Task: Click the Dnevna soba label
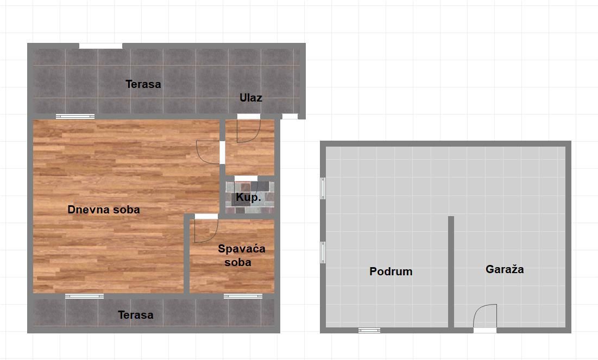click(104, 210)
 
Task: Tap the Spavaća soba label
click(241, 255)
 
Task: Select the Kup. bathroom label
click(248, 197)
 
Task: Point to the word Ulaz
click(250, 98)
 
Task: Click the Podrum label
click(391, 271)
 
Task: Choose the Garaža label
click(505, 269)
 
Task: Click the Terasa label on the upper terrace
click(143, 84)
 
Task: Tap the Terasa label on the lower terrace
click(136, 314)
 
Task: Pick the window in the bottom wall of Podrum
click(369, 330)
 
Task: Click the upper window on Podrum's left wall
click(323, 188)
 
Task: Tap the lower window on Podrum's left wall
click(323, 252)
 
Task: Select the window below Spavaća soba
click(243, 296)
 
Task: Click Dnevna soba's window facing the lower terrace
click(84, 296)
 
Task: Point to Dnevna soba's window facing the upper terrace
click(75, 116)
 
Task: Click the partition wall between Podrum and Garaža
click(451, 272)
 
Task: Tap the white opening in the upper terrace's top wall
click(100, 46)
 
